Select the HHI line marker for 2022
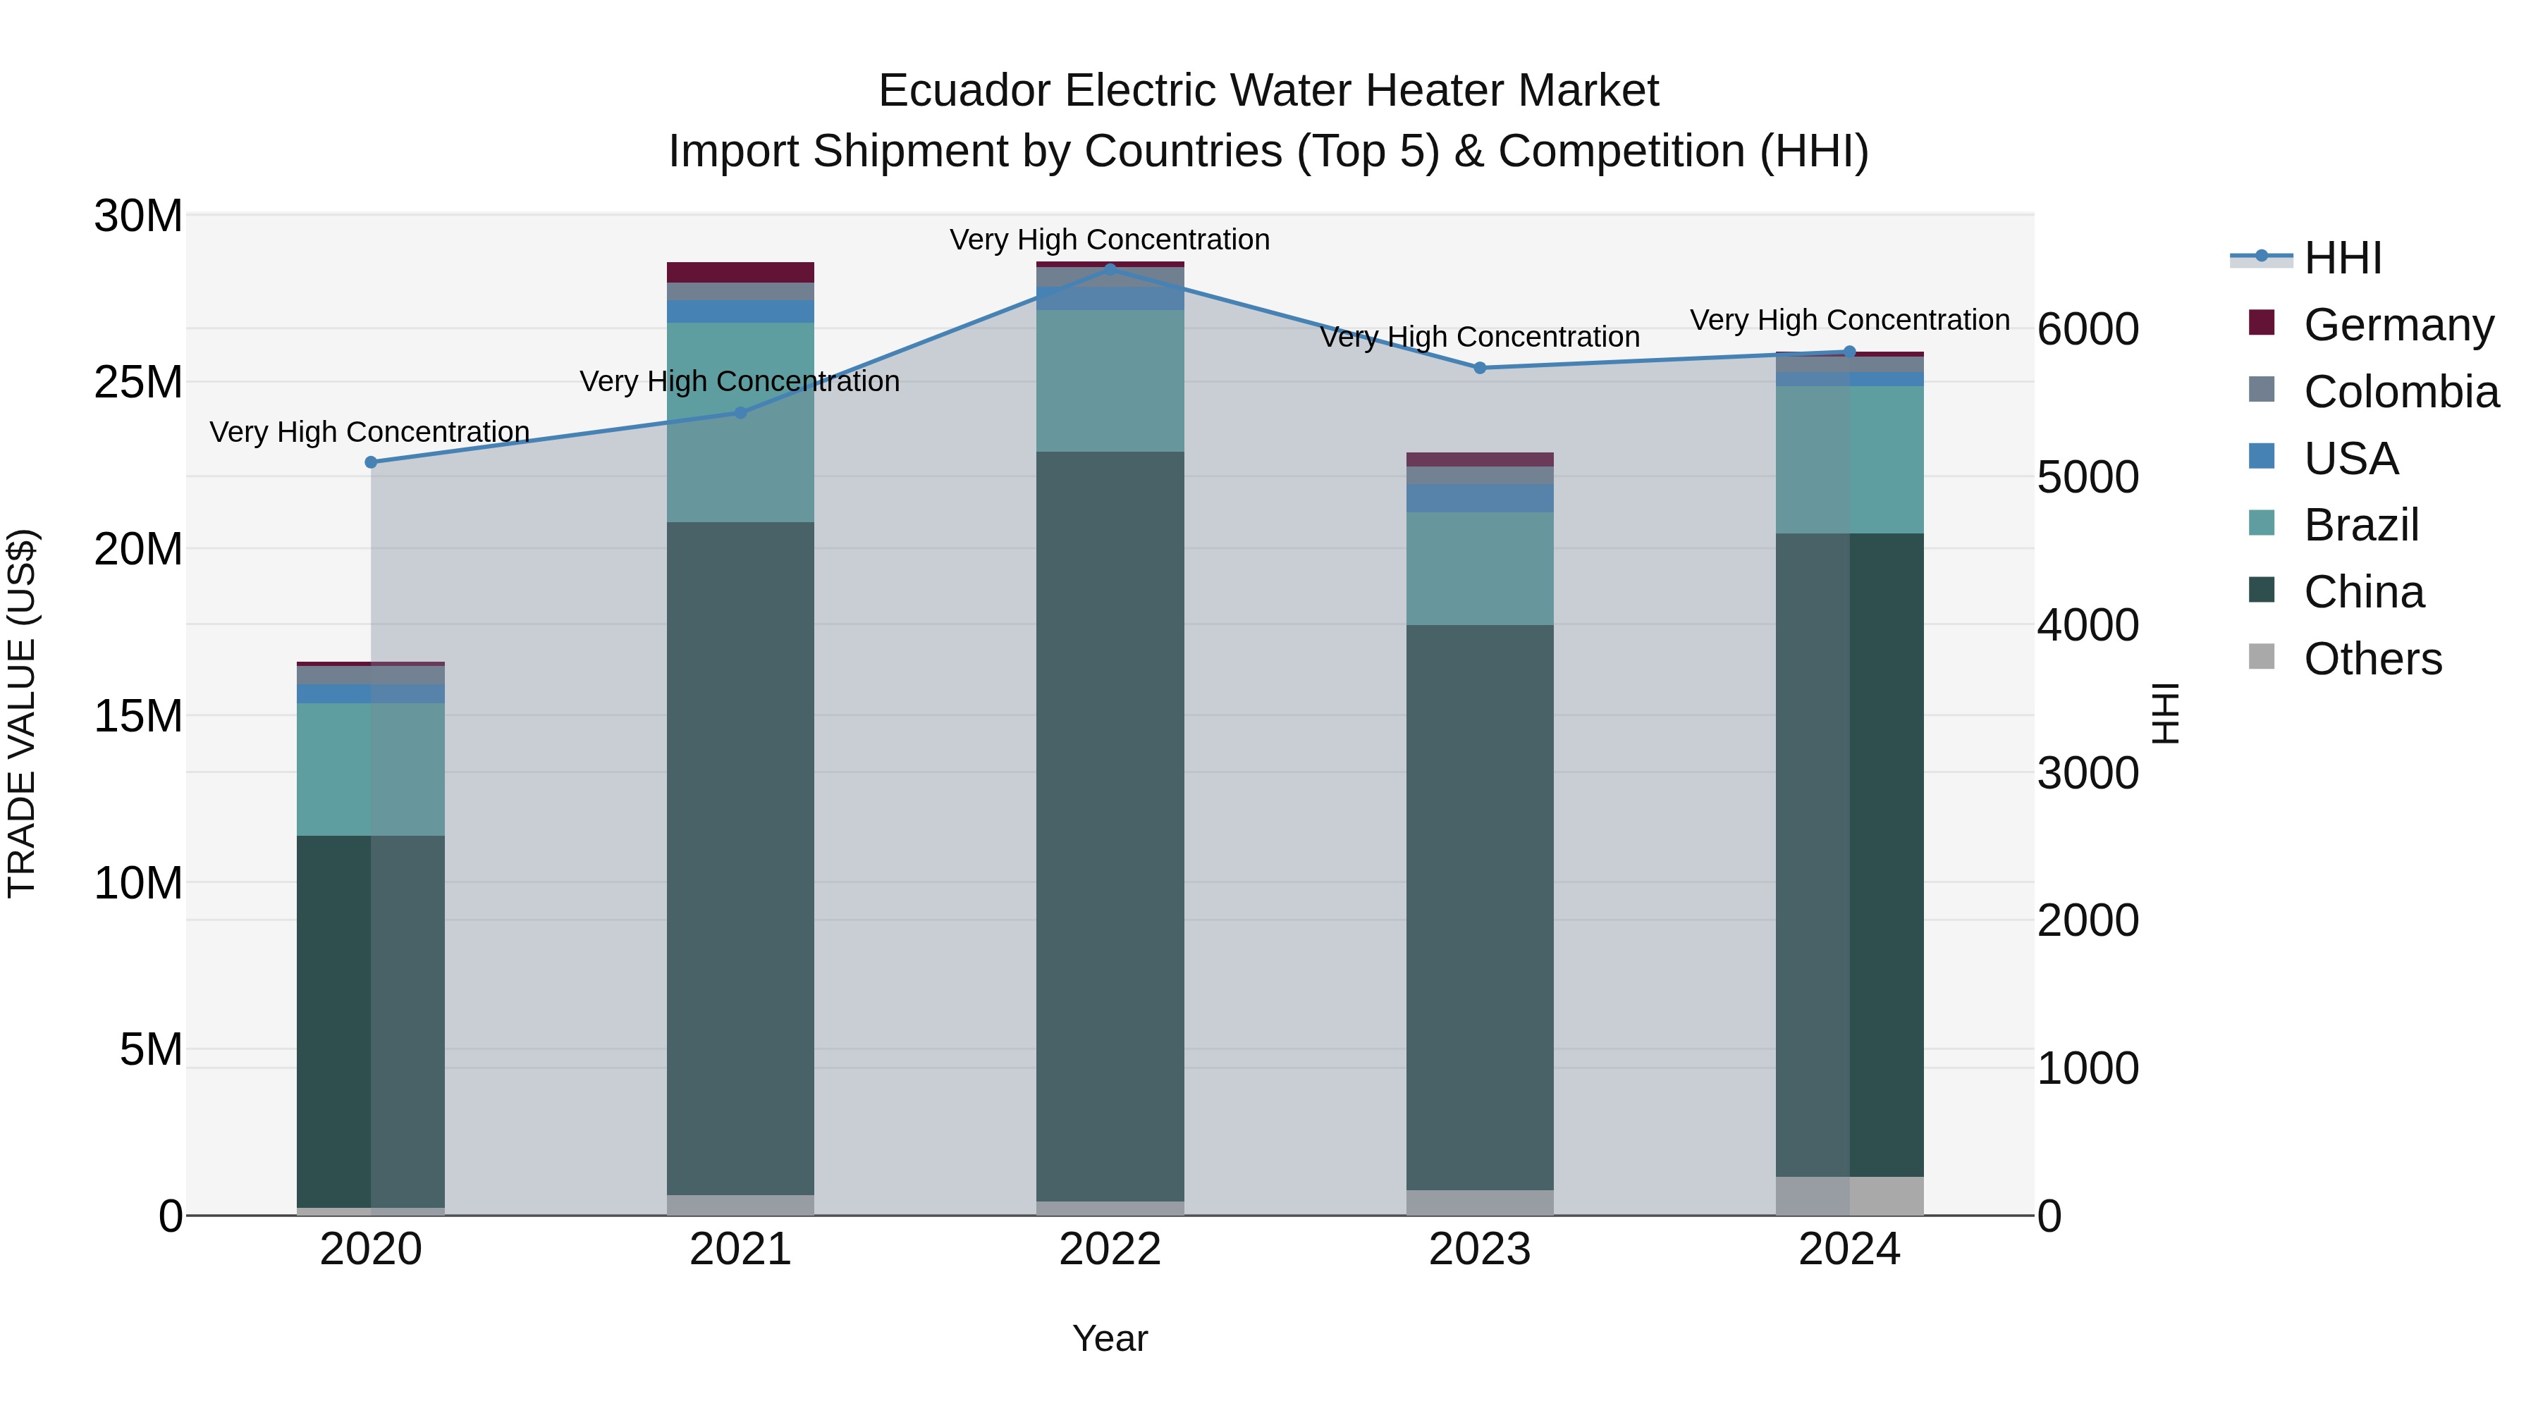[x=1110, y=269]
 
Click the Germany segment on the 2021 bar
[x=740, y=272]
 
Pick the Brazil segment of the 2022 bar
[x=1110, y=381]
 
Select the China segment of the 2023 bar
[x=1480, y=906]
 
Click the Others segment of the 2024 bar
[x=1849, y=1196]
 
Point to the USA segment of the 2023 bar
[x=1480, y=498]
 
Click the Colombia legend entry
[x=2400, y=391]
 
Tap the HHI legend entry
[x=2342, y=258]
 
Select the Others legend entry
[x=2372, y=659]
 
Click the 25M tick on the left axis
[x=138, y=382]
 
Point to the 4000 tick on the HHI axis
[x=2088, y=625]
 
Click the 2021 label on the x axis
[x=740, y=1249]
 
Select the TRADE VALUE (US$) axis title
[x=22, y=714]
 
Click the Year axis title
[x=1110, y=1338]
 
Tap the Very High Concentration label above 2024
[x=1849, y=320]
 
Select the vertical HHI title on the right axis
[x=2164, y=714]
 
